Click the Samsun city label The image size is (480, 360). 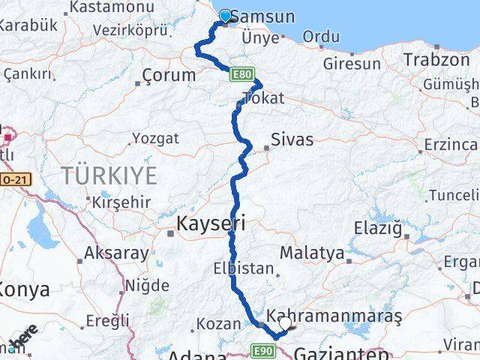coord(262,16)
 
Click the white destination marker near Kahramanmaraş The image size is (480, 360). coord(285,324)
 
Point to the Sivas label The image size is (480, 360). coord(292,139)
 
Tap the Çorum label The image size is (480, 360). coord(169,75)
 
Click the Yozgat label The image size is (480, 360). coord(155,138)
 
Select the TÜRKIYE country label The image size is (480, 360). coord(109,176)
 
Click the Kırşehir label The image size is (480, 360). coord(121,202)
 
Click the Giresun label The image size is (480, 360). coord(352,64)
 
